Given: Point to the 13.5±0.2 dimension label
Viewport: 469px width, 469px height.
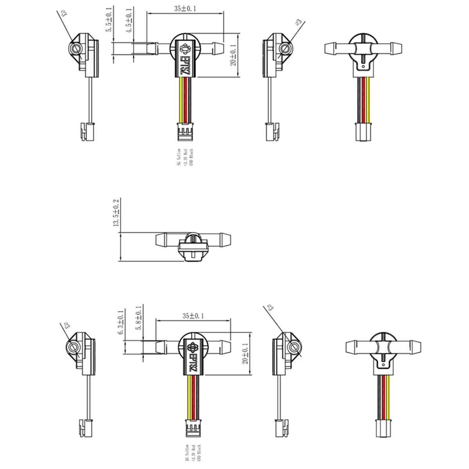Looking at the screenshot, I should click(116, 213).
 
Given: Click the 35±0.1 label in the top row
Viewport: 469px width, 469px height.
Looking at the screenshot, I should click(185, 8).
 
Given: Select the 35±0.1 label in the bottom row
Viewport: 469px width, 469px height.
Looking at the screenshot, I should click(193, 315).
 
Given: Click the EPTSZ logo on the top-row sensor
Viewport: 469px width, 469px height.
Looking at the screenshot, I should click(186, 57).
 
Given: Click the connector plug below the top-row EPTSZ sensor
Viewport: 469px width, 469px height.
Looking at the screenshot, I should click(185, 131).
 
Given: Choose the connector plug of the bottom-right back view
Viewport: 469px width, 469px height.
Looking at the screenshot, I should click(384, 429).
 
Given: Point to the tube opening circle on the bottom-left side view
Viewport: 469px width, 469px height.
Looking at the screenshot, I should click(73, 347).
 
